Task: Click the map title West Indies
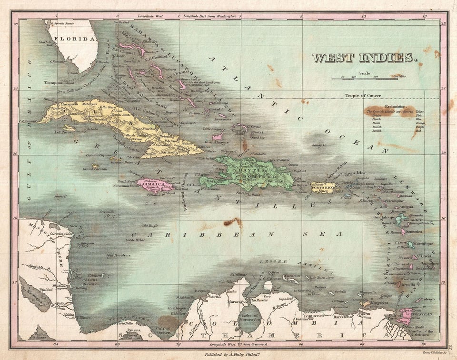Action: click(x=365, y=58)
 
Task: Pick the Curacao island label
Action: click(x=291, y=276)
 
